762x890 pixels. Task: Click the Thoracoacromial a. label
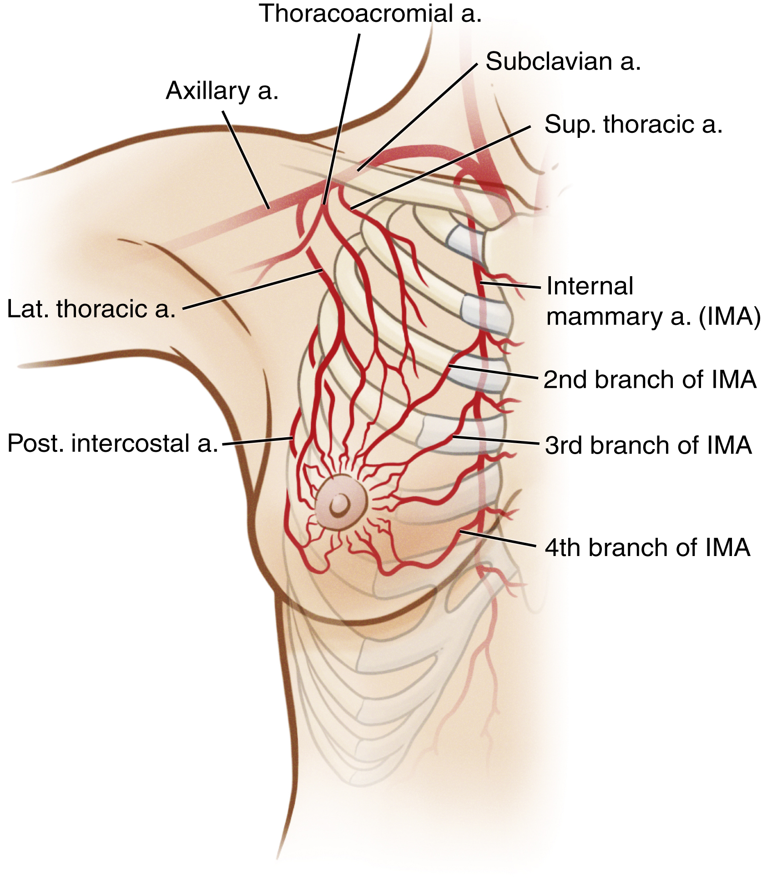tap(370, 14)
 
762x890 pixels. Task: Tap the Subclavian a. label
tap(563, 61)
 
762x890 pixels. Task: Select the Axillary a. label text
tap(222, 91)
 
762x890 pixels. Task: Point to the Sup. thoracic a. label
tap(633, 125)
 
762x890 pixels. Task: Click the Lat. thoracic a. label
tap(91, 309)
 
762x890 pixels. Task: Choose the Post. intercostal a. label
tap(113, 444)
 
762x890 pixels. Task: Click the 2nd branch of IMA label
tap(650, 380)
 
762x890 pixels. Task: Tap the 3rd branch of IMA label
tap(648, 445)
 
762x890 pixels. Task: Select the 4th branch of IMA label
tap(647, 547)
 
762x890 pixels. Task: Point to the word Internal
tap(590, 286)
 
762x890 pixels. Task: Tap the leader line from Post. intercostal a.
tap(257, 441)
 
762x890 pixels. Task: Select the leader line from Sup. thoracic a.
tap(440, 167)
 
